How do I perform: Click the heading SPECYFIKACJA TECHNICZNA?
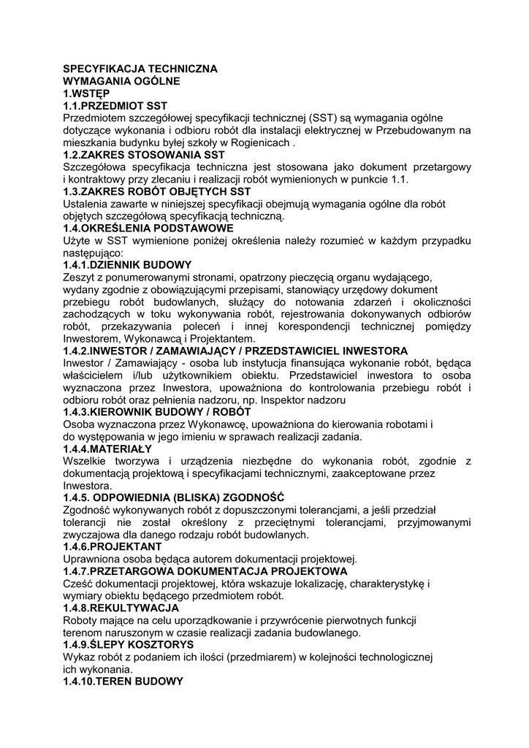pos(140,69)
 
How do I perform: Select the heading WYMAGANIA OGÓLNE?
pos(121,81)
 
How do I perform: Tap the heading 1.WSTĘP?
pos(86,93)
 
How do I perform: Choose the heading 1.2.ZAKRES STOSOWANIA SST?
pos(144,155)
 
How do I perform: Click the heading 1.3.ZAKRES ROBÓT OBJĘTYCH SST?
pos(152,191)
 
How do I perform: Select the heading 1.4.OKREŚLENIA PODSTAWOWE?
pos(148,228)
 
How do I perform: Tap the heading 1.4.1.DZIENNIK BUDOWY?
pos(127,264)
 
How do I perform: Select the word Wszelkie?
pos(85,461)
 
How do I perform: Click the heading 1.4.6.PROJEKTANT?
pos(113,546)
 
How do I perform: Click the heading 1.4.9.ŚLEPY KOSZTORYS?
pos(129,644)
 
